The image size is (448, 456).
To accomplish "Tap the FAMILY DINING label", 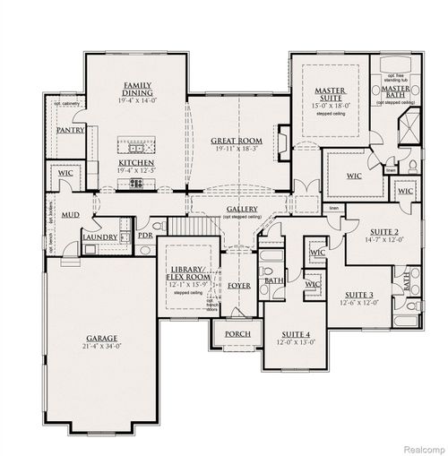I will [136, 89].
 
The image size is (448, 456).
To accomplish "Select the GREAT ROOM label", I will [236, 141].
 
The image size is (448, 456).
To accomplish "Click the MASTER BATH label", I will [394, 92].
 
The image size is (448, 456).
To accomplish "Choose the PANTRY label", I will [70, 130].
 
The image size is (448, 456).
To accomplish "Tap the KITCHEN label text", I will [136, 163].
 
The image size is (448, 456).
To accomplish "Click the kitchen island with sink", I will [137, 147].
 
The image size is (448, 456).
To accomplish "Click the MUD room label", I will [70, 215].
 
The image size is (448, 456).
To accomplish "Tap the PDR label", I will [144, 235].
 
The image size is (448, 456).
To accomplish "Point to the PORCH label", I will [237, 334].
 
